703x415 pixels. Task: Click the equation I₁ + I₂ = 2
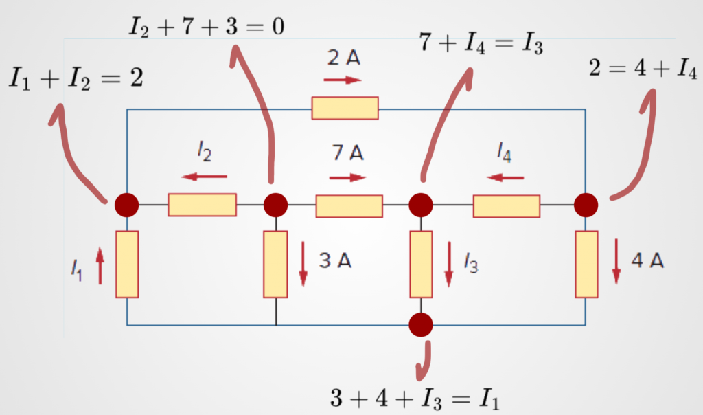[76, 78]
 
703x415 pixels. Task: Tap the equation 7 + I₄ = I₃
[482, 47]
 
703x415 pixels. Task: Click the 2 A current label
[344, 59]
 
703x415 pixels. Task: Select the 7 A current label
[349, 154]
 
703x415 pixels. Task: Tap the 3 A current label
[336, 262]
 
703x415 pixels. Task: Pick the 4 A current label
[647, 262]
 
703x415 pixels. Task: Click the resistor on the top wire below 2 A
[345, 109]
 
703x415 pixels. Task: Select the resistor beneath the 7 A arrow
[349, 205]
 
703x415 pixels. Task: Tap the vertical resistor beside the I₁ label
[127, 264]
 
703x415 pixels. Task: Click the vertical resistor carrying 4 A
[586, 264]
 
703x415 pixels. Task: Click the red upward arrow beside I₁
[100, 265]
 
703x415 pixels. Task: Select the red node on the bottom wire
[420, 324]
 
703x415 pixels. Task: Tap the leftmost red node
[126, 205]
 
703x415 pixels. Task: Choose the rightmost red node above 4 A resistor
[586, 205]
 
